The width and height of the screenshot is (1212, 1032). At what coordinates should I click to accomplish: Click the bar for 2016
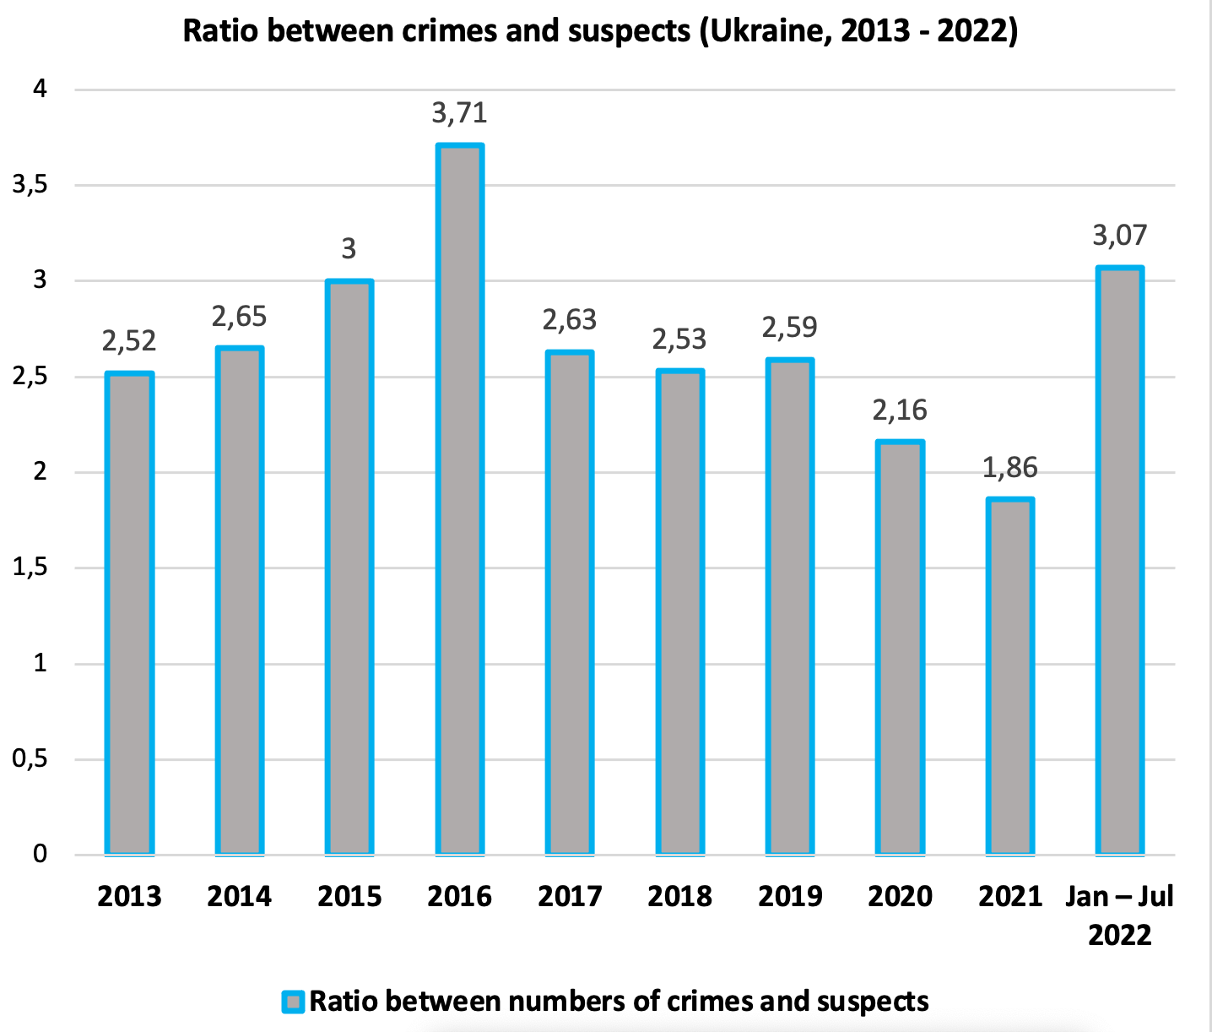click(459, 498)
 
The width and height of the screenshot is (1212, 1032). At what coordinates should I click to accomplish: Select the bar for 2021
click(1009, 676)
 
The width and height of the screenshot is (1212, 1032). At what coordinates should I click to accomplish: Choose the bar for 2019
click(790, 606)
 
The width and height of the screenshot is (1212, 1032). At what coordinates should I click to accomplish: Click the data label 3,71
click(459, 112)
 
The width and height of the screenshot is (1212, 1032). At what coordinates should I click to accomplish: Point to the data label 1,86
click(1009, 467)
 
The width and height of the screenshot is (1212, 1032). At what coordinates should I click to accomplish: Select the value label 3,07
click(1119, 235)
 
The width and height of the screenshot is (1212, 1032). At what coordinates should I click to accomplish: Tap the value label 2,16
click(900, 410)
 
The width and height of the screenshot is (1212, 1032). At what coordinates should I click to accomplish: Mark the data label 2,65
click(239, 317)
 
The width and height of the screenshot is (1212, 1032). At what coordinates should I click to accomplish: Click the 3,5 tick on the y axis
click(30, 185)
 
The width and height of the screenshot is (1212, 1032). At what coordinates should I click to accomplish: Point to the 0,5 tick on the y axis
click(30, 759)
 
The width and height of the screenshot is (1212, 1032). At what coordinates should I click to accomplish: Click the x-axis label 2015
click(349, 896)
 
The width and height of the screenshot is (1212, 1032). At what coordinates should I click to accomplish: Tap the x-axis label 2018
click(679, 896)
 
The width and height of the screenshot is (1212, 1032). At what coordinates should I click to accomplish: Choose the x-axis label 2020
click(900, 896)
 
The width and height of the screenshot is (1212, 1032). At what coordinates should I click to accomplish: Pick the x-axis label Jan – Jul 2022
click(1119, 915)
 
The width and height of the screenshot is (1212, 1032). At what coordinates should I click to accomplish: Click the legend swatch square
click(293, 1002)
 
